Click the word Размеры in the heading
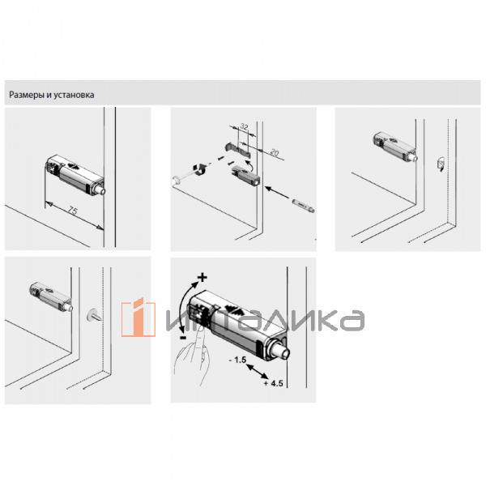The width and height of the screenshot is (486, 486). [27, 95]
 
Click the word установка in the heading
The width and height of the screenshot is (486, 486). [74, 95]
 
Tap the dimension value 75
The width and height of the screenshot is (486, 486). [72, 211]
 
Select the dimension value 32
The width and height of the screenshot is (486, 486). [245, 127]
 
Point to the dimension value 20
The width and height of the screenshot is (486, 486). [275, 152]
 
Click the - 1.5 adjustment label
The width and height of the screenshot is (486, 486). [237, 360]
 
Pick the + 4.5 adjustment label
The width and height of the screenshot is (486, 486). [274, 383]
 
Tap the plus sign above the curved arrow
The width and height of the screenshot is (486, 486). [202, 277]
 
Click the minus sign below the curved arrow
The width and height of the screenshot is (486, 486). [183, 337]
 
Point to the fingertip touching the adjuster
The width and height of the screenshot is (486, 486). [202, 331]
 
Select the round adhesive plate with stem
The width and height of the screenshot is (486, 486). [94, 315]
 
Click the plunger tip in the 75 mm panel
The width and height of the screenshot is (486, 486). [102, 190]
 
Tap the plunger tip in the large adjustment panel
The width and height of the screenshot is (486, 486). [281, 350]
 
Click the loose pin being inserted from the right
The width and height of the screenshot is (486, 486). [304, 206]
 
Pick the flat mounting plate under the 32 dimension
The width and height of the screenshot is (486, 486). [237, 149]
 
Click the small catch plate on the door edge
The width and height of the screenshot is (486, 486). [441, 164]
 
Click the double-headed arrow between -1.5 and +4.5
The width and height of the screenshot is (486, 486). [257, 372]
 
